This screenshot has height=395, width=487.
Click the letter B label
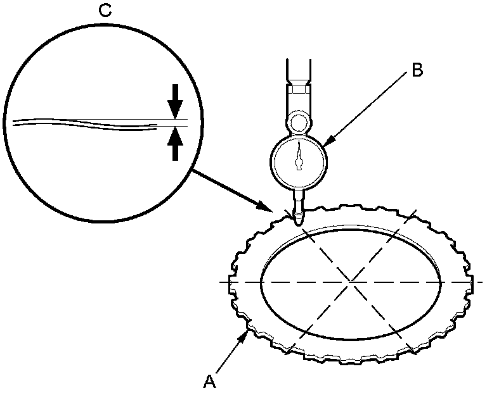point(417,70)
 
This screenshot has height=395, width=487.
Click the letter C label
point(105,10)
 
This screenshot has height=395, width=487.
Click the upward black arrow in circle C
point(176,144)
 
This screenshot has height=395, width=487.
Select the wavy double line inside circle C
point(82,123)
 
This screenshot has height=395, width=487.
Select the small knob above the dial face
point(298,120)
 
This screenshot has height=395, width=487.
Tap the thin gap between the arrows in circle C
point(176,123)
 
